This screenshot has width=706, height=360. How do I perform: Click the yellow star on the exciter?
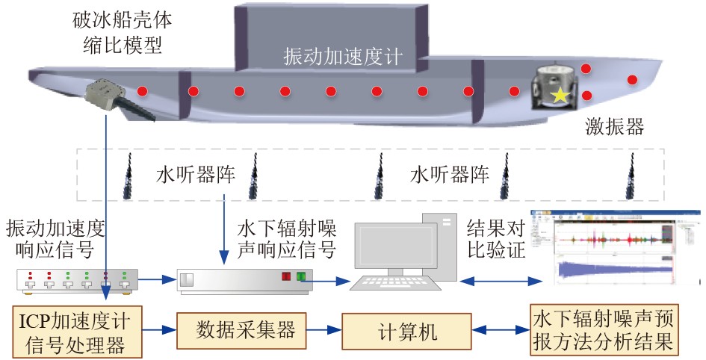point(558,95)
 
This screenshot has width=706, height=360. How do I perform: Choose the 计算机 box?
point(407,329)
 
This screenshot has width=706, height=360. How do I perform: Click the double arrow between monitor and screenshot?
point(500,281)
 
